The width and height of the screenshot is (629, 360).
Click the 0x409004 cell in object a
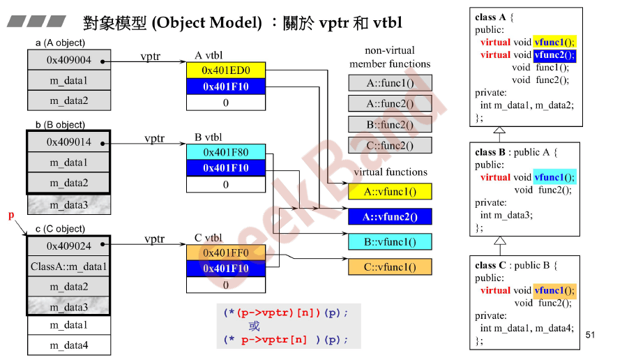(69, 61)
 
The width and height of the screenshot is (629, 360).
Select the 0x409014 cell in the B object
(69, 142)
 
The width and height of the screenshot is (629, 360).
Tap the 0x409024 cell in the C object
(69, 246)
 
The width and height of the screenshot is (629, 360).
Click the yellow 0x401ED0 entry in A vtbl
(225, 70)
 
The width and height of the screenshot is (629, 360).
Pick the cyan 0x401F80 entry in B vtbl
(225, 152)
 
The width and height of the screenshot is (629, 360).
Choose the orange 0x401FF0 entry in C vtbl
(225, 253)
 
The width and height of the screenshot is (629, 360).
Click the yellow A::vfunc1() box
(390, 191)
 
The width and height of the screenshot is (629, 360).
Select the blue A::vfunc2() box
(390, 217)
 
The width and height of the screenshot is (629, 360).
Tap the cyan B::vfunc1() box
(390, 242)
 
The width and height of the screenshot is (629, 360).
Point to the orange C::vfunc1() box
(390, 267)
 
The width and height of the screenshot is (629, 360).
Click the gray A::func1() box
(390, 83)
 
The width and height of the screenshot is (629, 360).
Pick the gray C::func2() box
(390, 146)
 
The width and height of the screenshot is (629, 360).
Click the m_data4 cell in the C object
(69, 345)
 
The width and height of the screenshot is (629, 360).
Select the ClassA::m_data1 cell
(69, 267)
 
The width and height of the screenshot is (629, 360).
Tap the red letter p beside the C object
(11, 216)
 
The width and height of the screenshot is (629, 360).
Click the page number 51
(591, 336)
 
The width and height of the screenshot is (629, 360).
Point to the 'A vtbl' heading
(209, 56)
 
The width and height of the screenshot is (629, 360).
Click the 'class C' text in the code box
(490, 265)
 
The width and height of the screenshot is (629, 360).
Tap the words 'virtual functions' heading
(390, 172)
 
